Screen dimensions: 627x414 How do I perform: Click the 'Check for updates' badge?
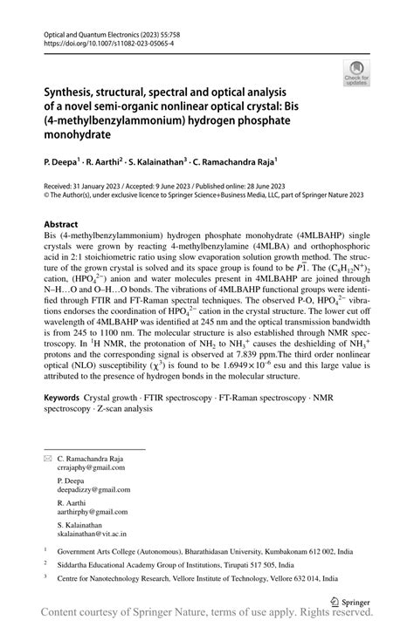pos(356,72)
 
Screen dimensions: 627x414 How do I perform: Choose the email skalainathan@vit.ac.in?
pos(91,536)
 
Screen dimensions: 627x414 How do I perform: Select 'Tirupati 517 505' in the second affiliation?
pos(239,565)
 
